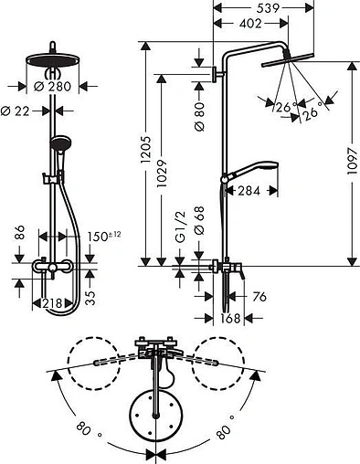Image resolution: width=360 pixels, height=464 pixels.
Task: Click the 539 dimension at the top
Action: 268,8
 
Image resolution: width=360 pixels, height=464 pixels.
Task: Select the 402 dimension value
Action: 250,24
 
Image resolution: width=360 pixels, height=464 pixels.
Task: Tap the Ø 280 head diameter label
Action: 52,87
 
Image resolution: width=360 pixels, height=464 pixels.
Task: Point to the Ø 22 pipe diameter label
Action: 16,111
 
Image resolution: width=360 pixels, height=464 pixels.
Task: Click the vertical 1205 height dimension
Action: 146,149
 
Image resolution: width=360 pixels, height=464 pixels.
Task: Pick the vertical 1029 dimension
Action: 162,174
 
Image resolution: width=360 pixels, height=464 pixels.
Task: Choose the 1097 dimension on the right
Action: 353,161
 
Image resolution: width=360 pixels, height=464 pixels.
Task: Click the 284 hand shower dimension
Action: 249,191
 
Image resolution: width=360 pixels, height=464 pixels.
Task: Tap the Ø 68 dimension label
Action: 199,221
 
